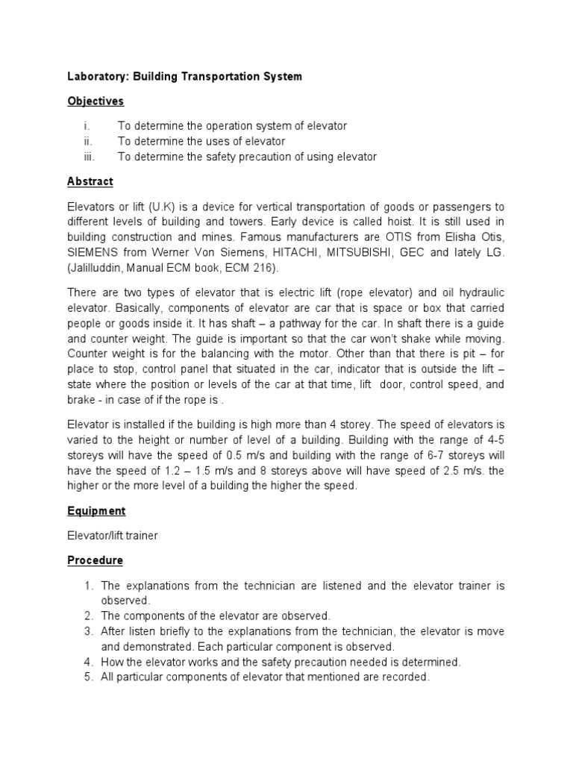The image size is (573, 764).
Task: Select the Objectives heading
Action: tap(95, 101)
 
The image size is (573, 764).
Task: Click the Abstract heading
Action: tap(90, 181)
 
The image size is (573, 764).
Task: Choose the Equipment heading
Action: tap(96, 511)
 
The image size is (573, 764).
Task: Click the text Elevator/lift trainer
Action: tap(112, 535)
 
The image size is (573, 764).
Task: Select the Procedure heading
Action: tap(95, 560)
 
